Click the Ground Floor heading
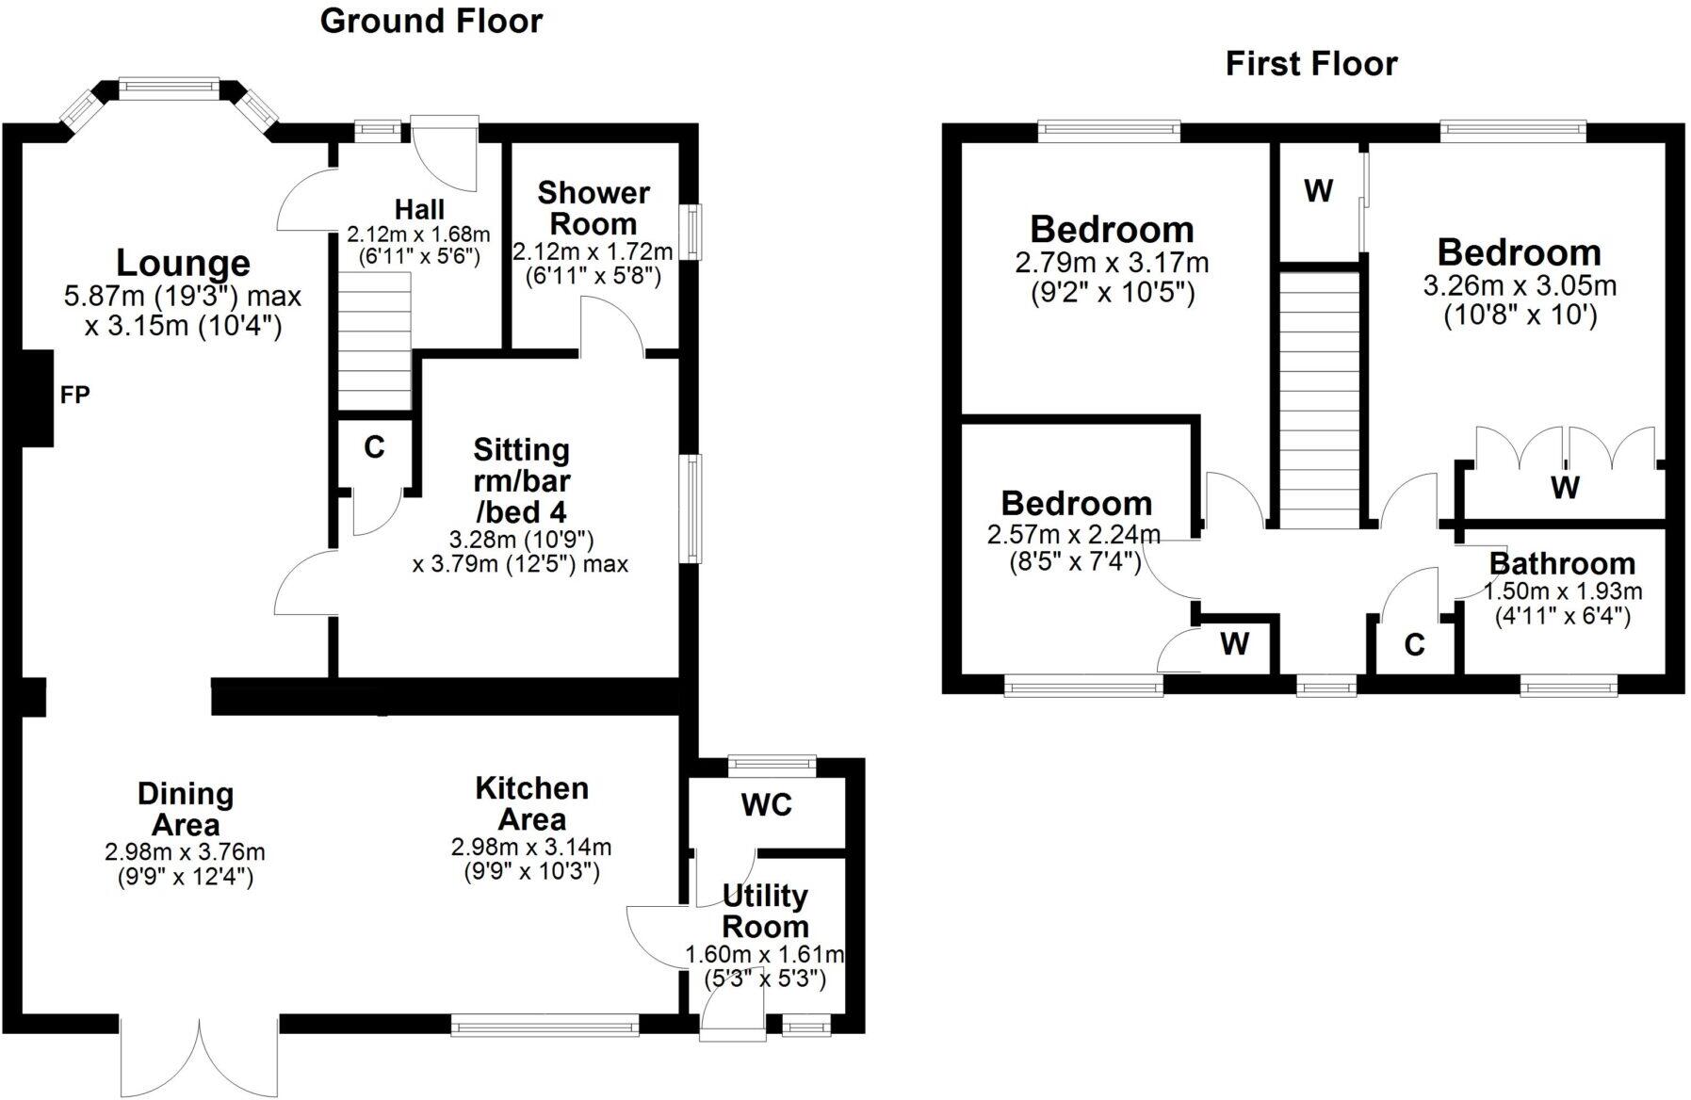coord(431,21)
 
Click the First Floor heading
coord(1310,63)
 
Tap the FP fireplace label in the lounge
coord(75,395)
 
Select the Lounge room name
coord(183,263)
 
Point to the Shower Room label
coord(593,208)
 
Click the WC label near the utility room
coord(766,805)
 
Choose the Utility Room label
coord(765,911)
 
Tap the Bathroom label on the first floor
coord(1562,563)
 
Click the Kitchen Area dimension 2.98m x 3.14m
coord(531,848)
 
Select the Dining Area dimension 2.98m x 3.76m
coord(185,852)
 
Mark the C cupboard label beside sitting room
coord(374,447)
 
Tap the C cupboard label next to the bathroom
coord(1414,645)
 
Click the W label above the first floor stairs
coord(1318,191)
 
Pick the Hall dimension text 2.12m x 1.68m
coord(418,234)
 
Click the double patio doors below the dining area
coord(200,1055)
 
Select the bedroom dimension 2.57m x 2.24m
coord(1074,536)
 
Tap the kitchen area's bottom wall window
coord(545,1025)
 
